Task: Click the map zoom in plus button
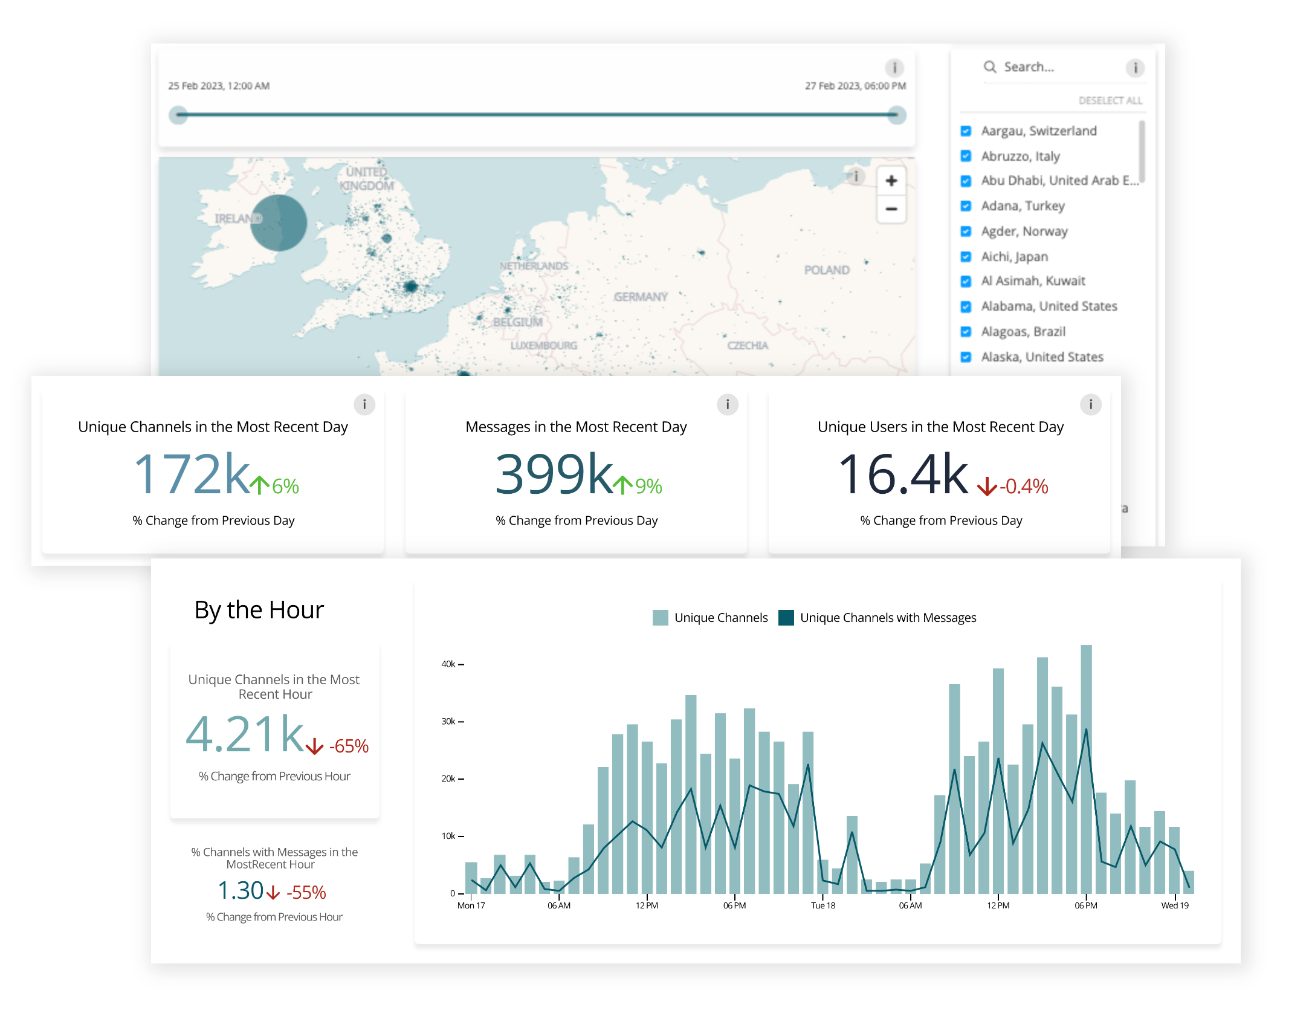coord(891,181)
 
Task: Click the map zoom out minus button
coord(891,209)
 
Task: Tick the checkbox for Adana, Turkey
coord(966,206)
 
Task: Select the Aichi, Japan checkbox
coord(966,257)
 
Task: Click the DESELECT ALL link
coord(1110,100)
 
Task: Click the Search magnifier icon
coord(990,67)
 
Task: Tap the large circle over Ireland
coord(279,222)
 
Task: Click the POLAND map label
coord(826,270)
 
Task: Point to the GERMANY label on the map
coord(640,297)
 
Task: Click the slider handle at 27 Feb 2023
coord(897,115)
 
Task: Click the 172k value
coord(192,474)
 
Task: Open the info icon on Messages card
coord(727,404)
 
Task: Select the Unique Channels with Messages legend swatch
coord(786,618)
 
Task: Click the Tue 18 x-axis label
coord(823,905)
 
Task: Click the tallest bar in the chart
coord(1086,768)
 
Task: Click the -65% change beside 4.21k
coord(349,746)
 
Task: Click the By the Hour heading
coord(259,610)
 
